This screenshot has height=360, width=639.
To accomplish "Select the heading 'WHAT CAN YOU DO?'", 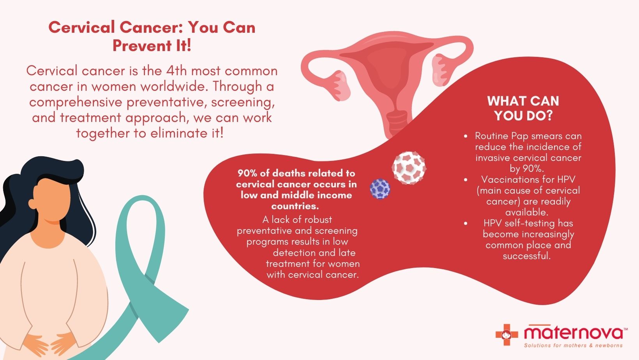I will (523, 108).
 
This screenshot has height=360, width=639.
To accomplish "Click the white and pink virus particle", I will (408, 168).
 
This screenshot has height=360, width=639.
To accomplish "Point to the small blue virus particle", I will (380, 189).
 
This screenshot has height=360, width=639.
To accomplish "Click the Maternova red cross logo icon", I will (507, 334).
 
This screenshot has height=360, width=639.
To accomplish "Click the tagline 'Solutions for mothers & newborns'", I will (573, 346).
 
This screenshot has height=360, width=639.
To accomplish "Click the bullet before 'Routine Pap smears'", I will (466, 136).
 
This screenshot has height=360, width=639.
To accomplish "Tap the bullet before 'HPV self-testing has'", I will (466, 224).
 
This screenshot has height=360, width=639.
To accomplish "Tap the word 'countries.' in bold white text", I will (295, 206).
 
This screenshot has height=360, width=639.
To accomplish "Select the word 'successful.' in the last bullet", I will (526, 256).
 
